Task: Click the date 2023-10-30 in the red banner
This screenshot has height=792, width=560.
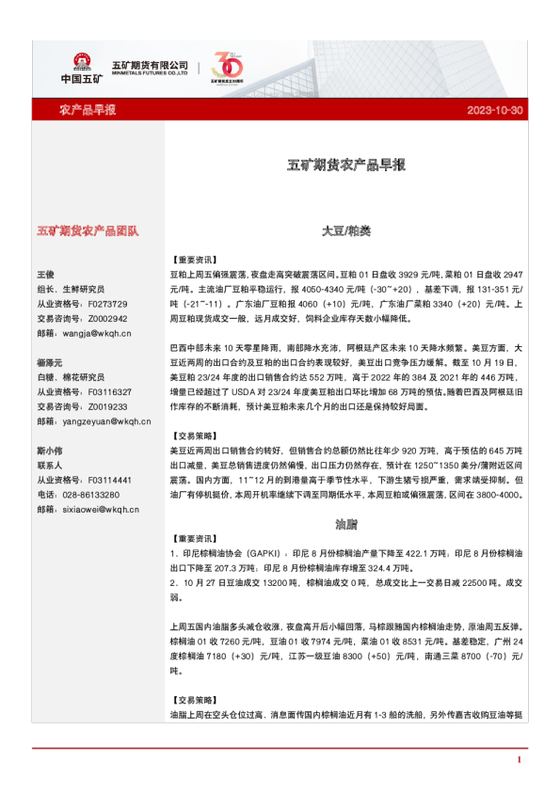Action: (494, 110)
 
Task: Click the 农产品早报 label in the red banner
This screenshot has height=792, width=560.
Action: (88, 110)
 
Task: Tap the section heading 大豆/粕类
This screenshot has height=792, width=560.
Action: (346, 230)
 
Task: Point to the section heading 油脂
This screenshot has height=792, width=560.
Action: (346, 521)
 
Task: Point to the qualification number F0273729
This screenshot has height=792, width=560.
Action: (106, 304)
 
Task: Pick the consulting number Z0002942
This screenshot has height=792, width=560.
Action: (106, 318)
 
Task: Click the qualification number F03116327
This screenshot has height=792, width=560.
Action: (108, 392)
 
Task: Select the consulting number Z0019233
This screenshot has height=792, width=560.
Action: (106, 406)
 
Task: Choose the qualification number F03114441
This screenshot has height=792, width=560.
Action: (108, 481)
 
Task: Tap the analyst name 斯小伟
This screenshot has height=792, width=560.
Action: (49, 451)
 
